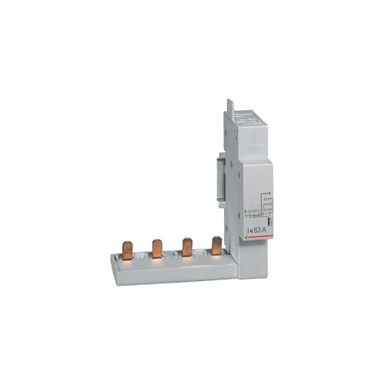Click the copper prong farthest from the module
128,251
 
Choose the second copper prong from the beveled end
157,249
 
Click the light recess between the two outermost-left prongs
142,258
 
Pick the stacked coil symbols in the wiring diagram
265,203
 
